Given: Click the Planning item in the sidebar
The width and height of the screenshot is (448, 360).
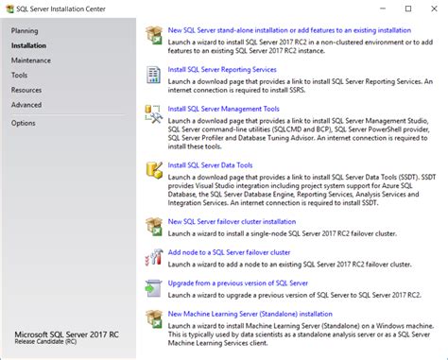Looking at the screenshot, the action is click(x=26, y=30).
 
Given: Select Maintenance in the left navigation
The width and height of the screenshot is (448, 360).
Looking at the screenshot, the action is click(x=32, y=60).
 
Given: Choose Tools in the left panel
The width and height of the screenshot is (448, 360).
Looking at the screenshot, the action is click(x=20, y=74).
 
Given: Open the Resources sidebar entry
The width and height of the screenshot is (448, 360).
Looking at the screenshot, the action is click(x=26, y=89).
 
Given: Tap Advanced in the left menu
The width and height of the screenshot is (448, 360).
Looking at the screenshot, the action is click(x=26, y=104).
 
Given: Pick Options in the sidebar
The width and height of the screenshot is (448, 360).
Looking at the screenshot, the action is click(x=24, y=123).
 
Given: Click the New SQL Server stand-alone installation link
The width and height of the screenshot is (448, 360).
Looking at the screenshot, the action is click(x=289, y=30).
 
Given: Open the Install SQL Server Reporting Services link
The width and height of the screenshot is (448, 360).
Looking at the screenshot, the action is click(x=221, y=69).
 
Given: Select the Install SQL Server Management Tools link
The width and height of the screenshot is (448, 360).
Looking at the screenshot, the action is click(x=223, y=109).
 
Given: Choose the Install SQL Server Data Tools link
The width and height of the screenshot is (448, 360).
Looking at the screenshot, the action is click(x=210, y=165).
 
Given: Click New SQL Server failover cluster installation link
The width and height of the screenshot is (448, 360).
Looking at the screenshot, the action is click(x=232, y=222).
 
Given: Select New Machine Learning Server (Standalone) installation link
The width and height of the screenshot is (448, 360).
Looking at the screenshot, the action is click(x=250, y=313).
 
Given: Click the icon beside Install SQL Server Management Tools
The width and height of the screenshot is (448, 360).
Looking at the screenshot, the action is click(x=153, y=114).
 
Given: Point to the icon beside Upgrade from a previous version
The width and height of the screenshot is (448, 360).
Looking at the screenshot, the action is click(x=153, y=288).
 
